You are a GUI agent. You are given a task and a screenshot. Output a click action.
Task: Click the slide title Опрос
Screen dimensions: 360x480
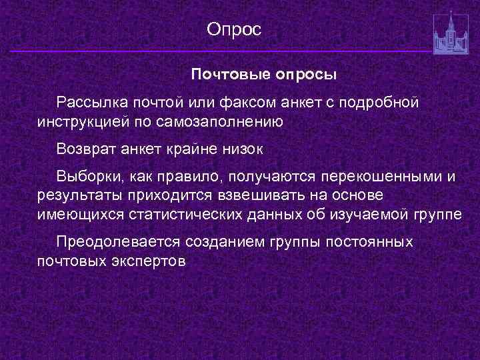(235, 29)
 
